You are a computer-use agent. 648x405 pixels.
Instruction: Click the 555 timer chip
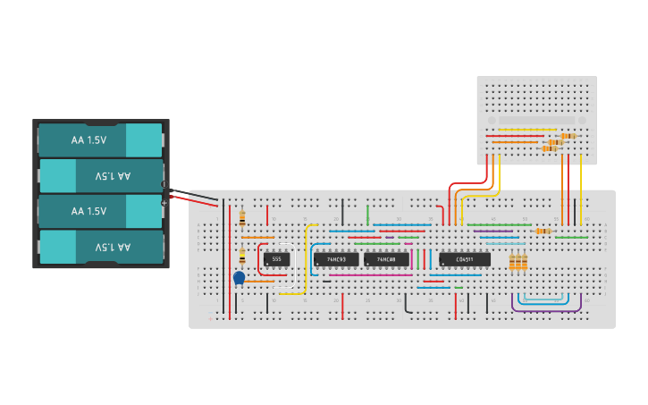(x=276, y=259)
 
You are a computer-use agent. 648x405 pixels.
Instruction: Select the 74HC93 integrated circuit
(x=336, y=259)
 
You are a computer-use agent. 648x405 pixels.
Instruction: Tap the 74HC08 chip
(x=386, y=259)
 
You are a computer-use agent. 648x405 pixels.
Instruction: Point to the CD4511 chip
(x=465, y=259)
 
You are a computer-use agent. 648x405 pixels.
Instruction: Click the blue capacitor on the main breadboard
(x=239, y=278)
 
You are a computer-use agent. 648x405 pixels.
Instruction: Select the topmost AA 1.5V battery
(x=99, y=140)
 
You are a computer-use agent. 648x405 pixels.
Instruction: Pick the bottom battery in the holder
(x=99, y=247)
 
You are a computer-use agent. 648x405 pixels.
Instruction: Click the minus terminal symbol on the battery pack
(x=164, y=184)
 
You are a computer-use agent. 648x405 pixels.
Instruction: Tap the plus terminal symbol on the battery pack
(x=164, y=203)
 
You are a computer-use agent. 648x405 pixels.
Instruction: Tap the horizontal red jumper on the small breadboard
(x=514, y=136)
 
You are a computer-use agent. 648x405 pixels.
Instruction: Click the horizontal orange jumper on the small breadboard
(x=515, y=141)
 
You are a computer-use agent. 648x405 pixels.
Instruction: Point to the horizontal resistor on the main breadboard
(x=543, y=231)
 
